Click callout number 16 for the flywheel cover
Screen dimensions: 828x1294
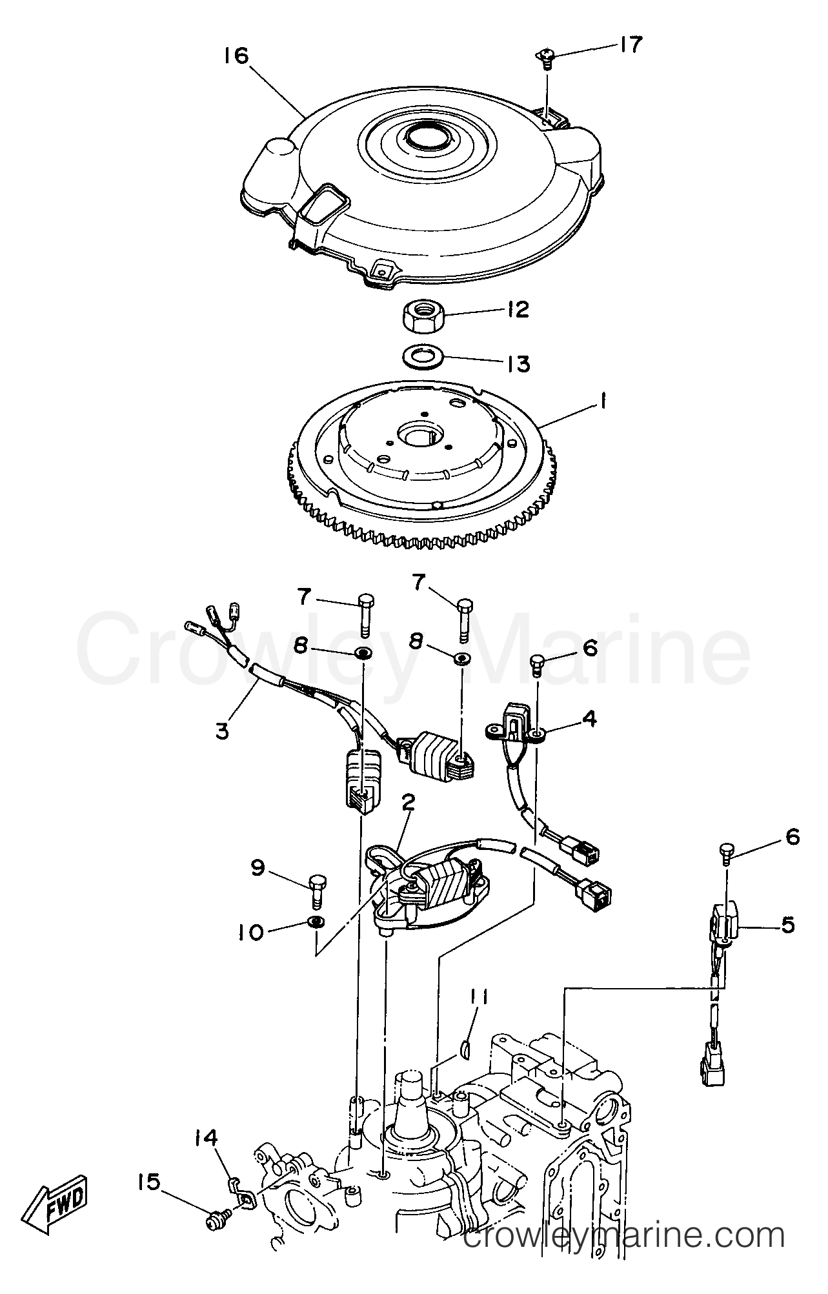pos(236,56)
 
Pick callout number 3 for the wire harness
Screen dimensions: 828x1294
pos(223,731)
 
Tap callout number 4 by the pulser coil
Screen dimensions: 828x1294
pos(589,718)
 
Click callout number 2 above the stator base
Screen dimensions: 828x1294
pos(407,803)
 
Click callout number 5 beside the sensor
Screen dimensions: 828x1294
pos(787,925)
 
